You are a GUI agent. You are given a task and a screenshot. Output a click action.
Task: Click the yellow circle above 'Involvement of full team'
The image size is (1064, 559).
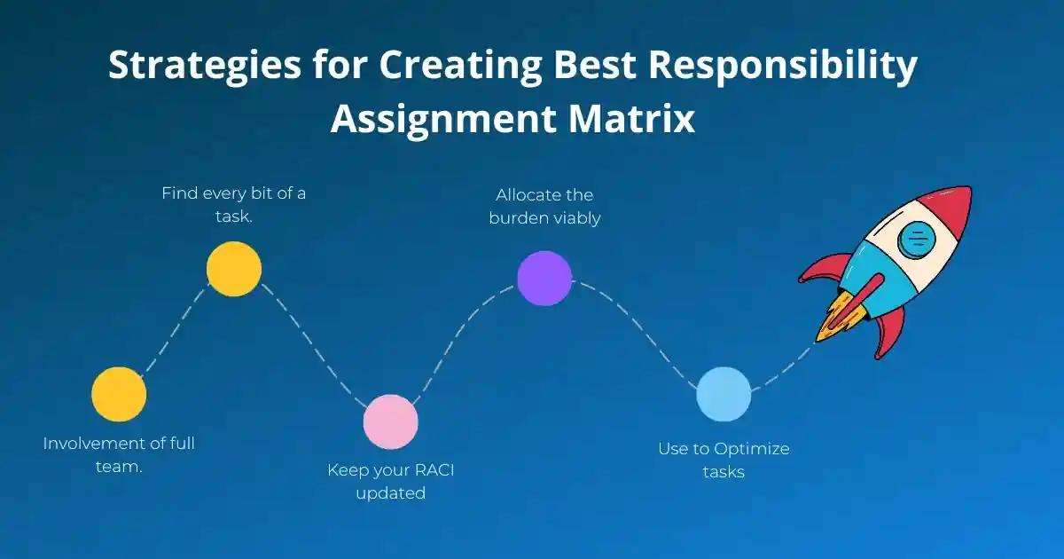[119, 394]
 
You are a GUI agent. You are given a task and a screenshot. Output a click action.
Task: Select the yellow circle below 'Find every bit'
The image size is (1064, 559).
[234, 269]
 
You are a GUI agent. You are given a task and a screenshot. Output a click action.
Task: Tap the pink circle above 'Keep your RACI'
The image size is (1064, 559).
[390, 421]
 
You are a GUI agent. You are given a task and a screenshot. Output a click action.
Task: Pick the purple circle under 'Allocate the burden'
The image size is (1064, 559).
[544, 278]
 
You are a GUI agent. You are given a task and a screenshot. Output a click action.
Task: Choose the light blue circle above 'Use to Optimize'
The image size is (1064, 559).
[724, 394]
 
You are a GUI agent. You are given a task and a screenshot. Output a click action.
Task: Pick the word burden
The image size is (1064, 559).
[522, 217]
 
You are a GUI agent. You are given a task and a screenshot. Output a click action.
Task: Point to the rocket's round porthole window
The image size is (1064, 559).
[915, 239]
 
